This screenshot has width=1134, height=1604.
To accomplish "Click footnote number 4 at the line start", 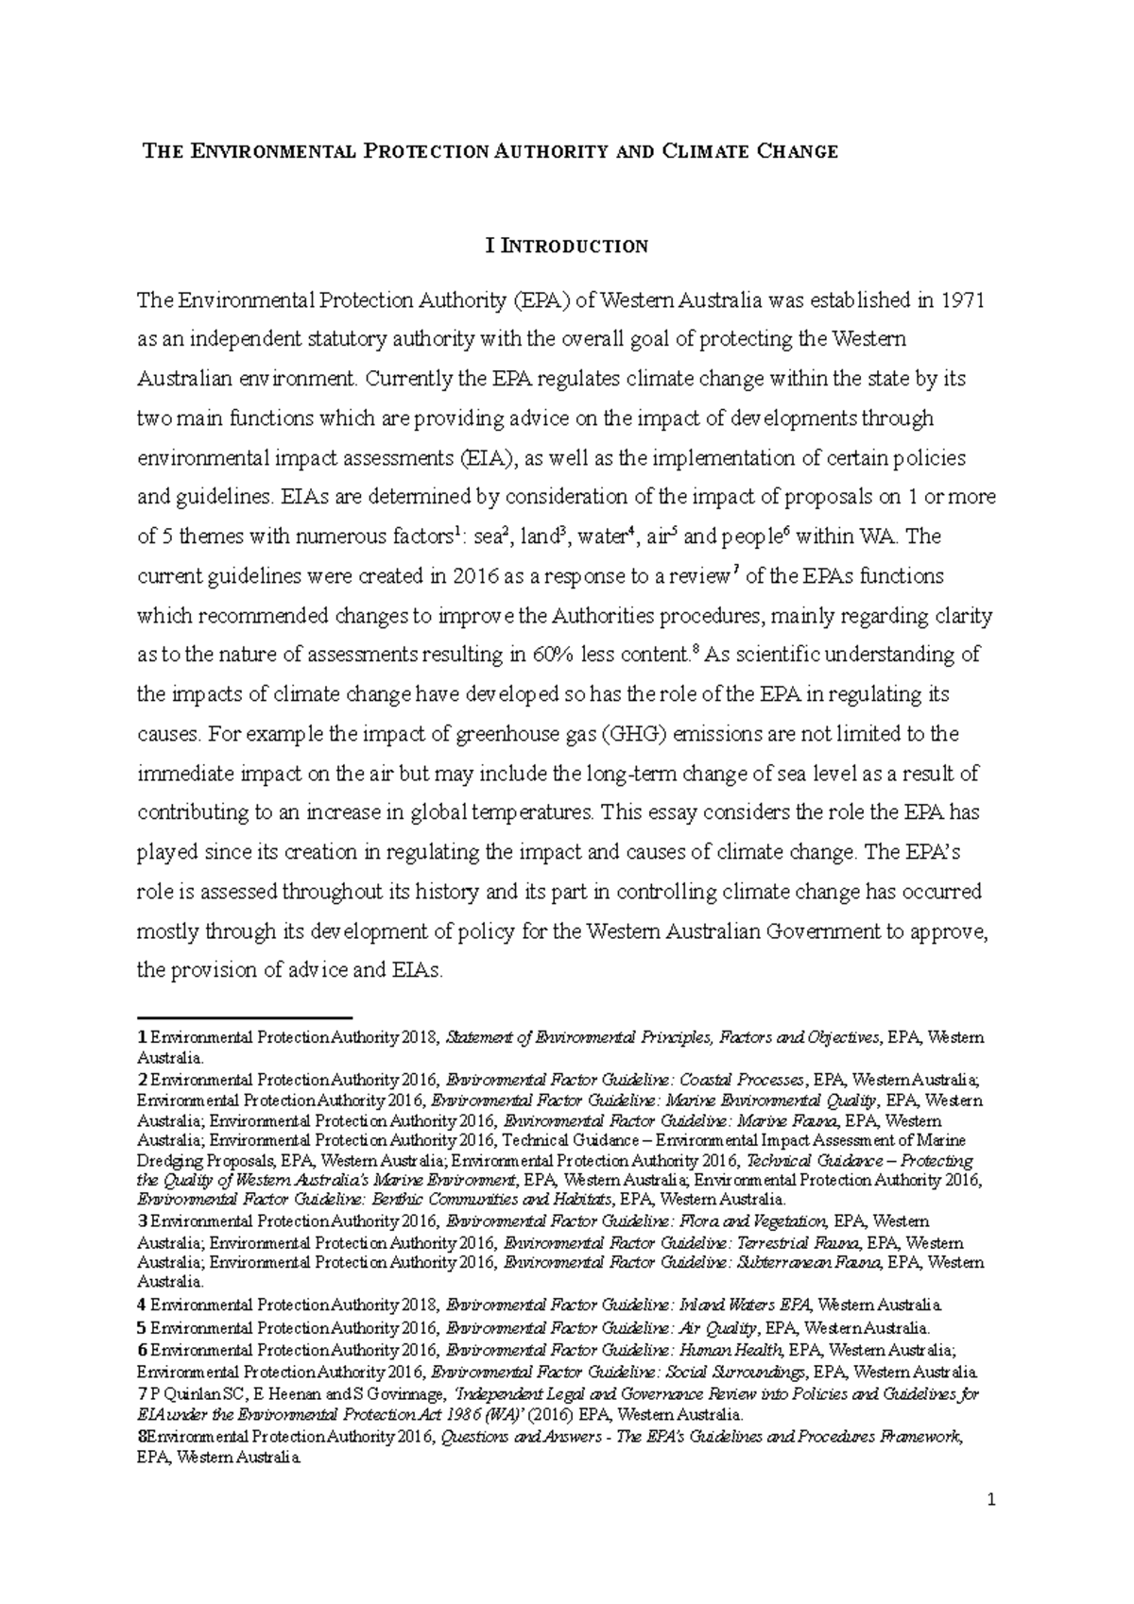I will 141,1305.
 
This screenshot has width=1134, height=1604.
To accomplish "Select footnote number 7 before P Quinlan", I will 141,1394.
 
